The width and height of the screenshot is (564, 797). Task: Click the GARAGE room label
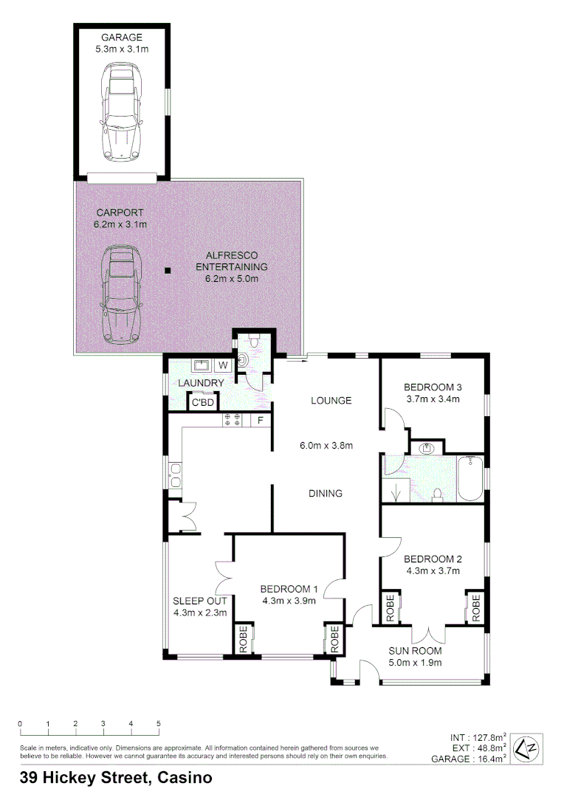pyautogui.click(x=123, y=37)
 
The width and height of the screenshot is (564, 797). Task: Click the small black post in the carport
pyautogui.click(x=168, y=271)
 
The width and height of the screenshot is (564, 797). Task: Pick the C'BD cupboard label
pyautogui.click(x=203, y=403)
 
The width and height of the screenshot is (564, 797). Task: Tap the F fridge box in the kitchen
pyautogui.click(x=260, y=421)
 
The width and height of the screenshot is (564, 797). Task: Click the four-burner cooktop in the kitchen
pyautogui.click(x=234, y=421)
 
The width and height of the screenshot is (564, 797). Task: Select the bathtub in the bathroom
pyautogui.click(x=470, y=480)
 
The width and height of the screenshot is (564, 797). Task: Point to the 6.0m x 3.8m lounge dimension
pyautogui.click(x=326, y=445)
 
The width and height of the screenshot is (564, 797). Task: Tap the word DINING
pyautogui.click(x=326, y=494)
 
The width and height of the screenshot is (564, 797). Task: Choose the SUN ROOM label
pyautogui.click(x=416, y=651)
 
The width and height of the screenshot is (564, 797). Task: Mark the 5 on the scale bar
pyautogui.click(x=159, y=724)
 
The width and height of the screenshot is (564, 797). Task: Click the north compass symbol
pyautogui.click(x=528, y=748)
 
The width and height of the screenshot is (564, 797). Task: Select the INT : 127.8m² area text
pyautogui.click(x=478, y=737)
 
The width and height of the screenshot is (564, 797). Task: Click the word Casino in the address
pyautogui.click(x=185, y=778)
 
